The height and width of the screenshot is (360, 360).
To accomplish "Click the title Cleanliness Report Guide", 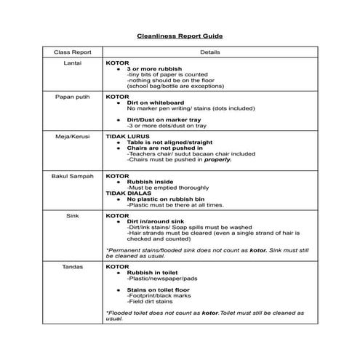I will (x=180, y=35).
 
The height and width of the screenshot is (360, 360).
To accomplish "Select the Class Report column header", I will (x=71, y=52).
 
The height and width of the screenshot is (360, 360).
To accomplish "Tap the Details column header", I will (x=210, y=52).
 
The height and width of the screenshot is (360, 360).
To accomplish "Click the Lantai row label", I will (x=71, y=63).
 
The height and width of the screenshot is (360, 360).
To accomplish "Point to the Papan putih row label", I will (x=71, y=96).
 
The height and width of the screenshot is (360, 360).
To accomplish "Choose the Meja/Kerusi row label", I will (x=71, y=136).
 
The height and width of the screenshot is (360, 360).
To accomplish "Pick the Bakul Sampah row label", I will (x=71, y=176).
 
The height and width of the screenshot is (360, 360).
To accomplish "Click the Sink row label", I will (x=71, y=216).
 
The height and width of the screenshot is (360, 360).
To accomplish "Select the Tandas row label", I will (x=71, y=267).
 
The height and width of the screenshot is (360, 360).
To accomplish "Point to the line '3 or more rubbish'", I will (x=154, y=69).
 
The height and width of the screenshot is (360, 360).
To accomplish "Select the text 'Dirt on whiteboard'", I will (x=156, y=103).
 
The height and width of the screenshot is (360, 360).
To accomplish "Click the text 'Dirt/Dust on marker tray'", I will (x=164, y=119).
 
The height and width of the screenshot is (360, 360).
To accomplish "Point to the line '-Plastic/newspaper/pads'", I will (x=158, y=279).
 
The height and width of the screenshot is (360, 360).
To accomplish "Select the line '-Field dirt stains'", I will (x=150, y=301).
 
